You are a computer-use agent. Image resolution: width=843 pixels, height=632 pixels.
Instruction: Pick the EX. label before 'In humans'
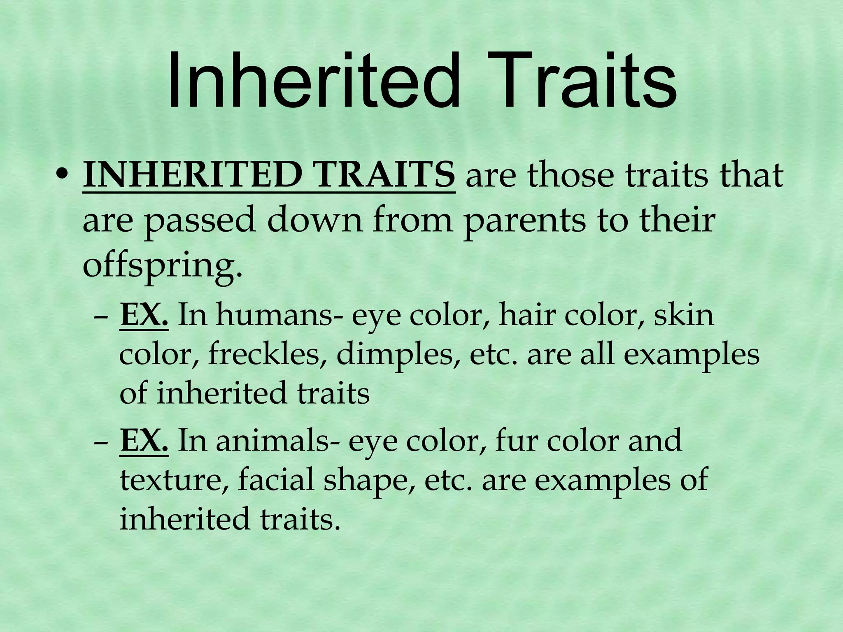[144, 315]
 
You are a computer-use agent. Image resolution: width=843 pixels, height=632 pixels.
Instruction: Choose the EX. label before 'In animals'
[144, 441]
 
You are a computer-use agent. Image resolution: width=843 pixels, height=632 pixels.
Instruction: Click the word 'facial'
[275, 480]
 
